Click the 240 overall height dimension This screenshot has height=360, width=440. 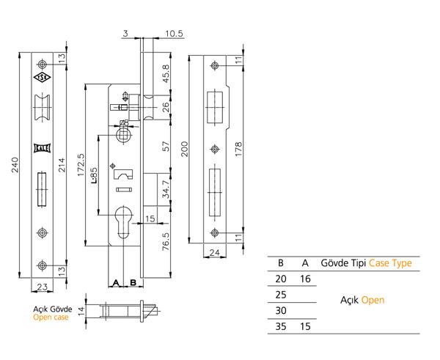pyautogui.click(x=15, y=165)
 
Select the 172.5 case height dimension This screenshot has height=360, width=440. pyautogui.click(x=81, y=165)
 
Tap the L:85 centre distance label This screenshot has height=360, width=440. pyautogui.click(x=94, y=175)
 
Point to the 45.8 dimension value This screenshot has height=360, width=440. pyautogui.click(x=166, y=73)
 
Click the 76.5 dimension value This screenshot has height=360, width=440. pyautogui.click(x=166, y=241)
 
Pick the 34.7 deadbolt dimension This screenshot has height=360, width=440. pyautogui.click(x=166, y=189)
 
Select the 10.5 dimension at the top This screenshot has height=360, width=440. pyautogui.click(x=174, y=34)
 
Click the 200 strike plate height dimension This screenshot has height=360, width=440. pyautogui.click(x=184, y=149)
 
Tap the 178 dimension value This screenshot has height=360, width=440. pyautogui.click(x=238, y=149)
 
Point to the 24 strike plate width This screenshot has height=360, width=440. pyautogui.click(x=215, y=252)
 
